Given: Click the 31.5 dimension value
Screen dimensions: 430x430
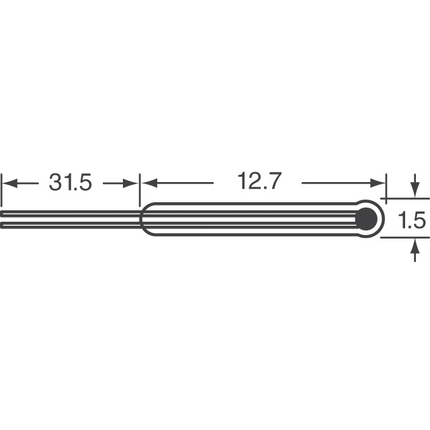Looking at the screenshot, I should [70, 182].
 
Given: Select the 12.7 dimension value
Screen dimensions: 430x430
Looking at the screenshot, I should [259, 181].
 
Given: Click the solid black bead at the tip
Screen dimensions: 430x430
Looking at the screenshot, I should [366, 218].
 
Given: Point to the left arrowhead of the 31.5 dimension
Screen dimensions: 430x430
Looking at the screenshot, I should [9, 182].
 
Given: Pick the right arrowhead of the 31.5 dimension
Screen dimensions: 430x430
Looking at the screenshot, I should [131, 182].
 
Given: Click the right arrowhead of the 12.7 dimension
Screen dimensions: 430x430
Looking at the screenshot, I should [380, 182].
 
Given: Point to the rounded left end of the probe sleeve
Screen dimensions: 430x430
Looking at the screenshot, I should [142, 219].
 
